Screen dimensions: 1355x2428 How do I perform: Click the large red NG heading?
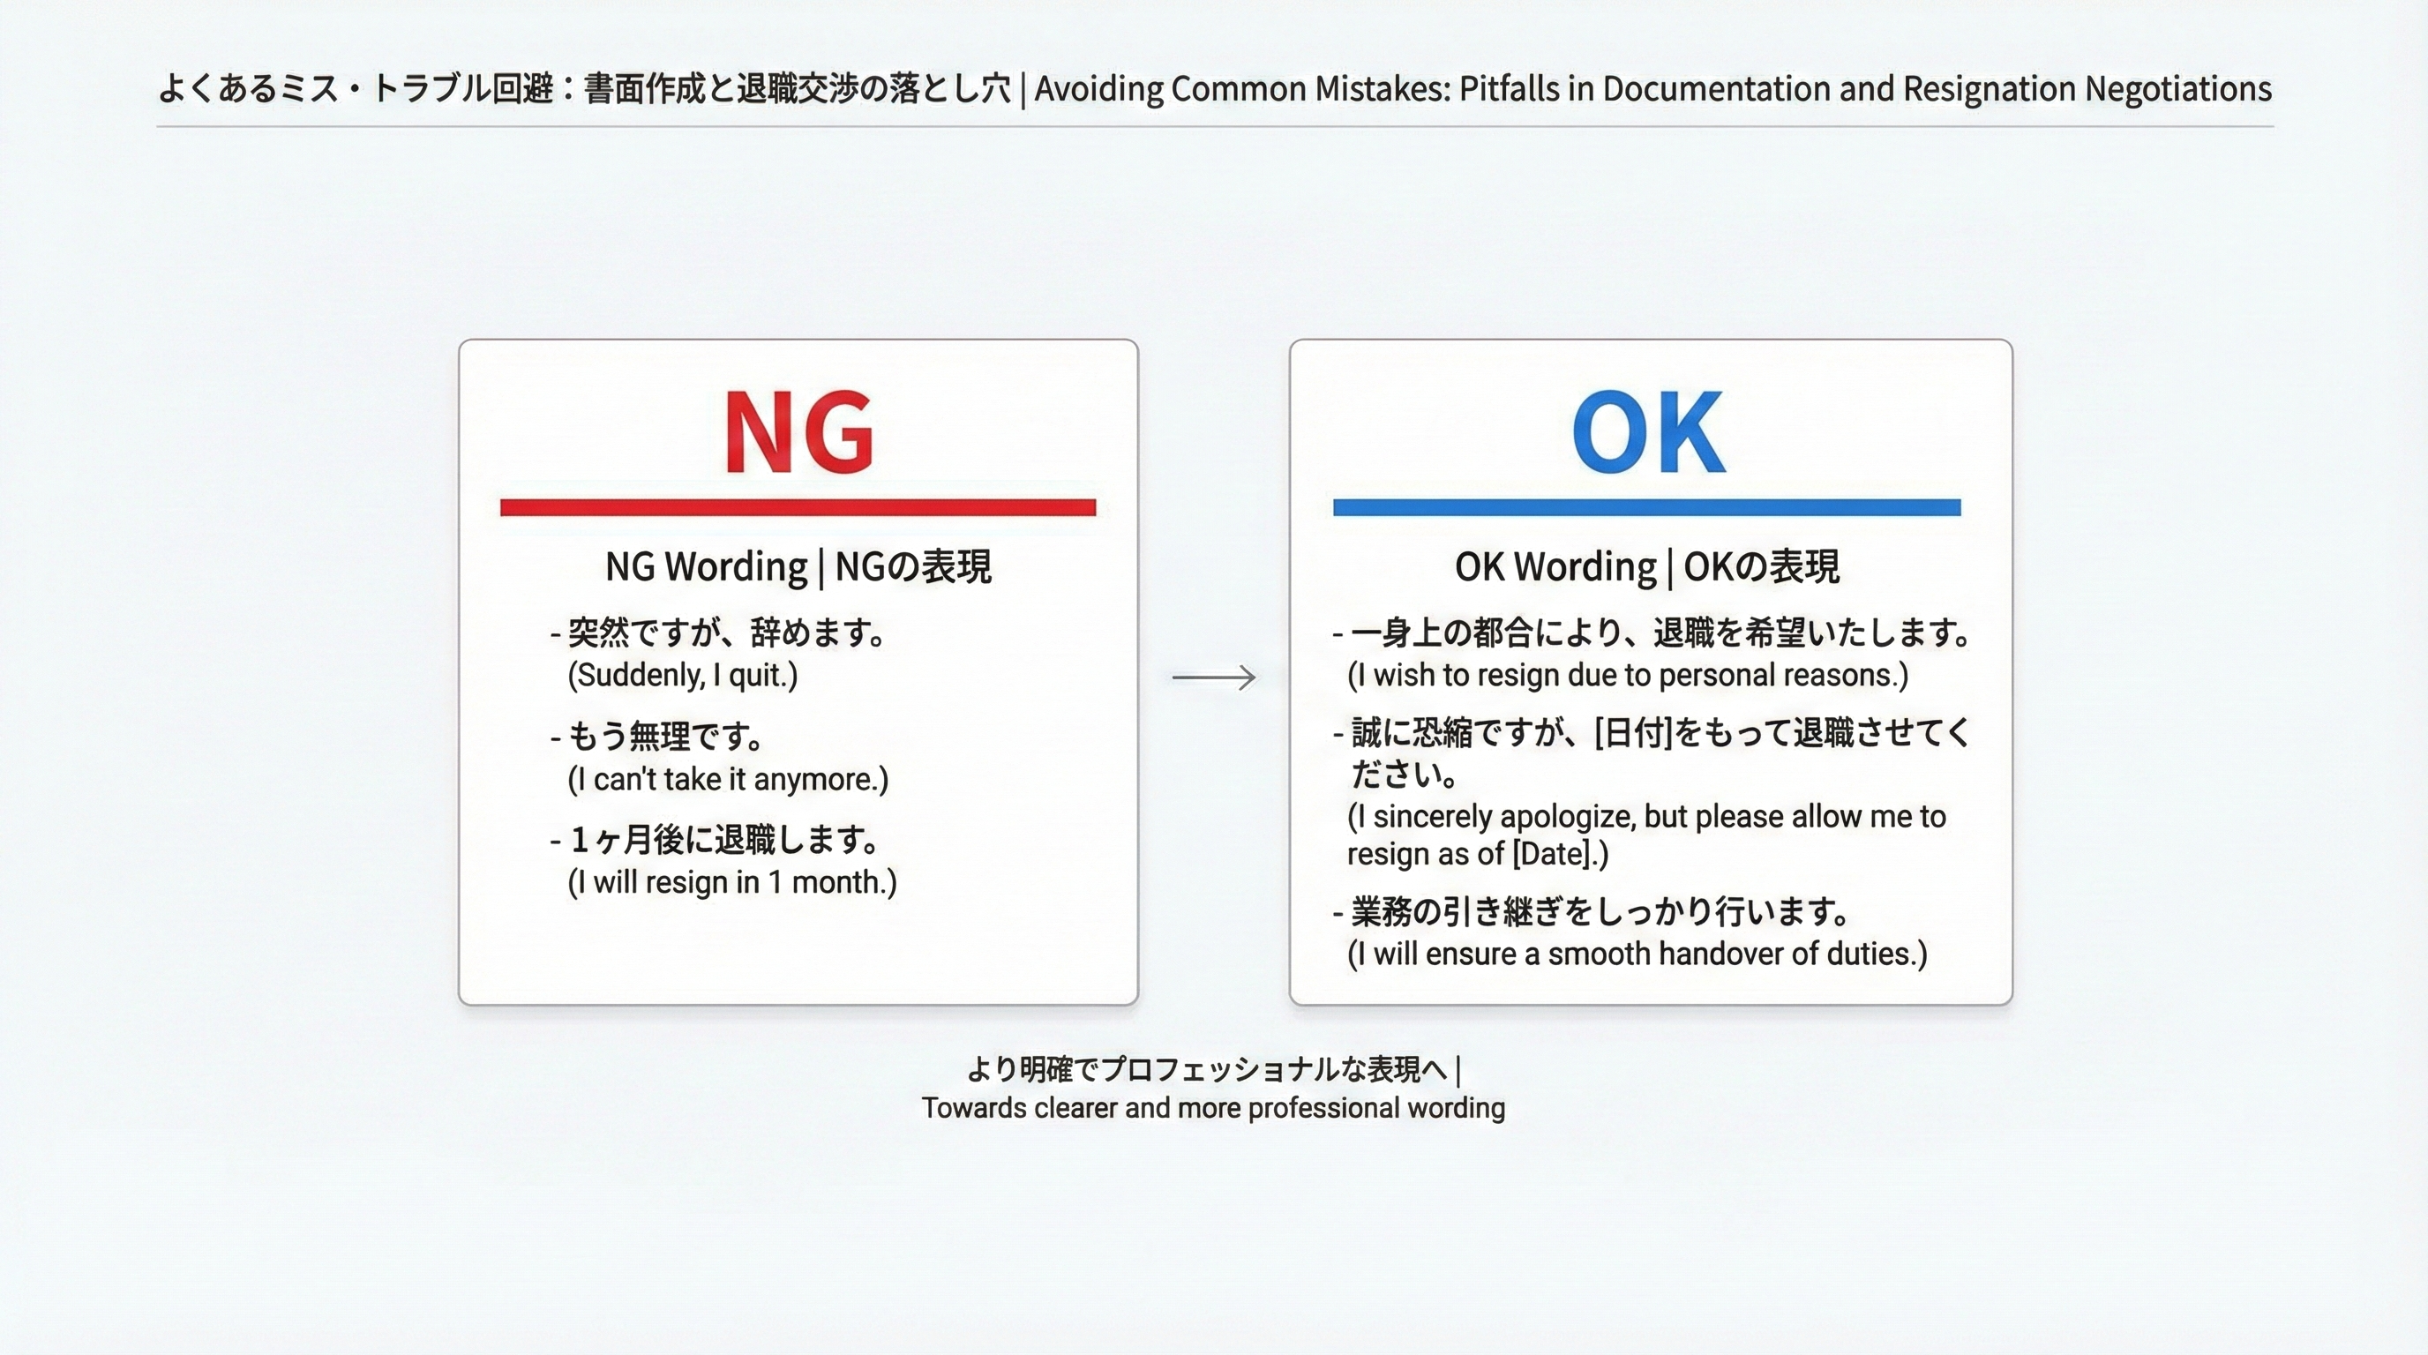[x=798, y=431]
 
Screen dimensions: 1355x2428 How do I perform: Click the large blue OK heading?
[x=1647, y=431]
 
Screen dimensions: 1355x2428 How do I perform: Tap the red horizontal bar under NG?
[x=798, y=508]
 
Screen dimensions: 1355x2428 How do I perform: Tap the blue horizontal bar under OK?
[x=1646, y=508]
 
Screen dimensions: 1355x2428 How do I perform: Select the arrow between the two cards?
[x=1213, y=677]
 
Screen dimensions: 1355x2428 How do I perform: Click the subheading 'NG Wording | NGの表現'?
[x=798, y=566]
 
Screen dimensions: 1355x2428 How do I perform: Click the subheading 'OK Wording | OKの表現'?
[x=1646, y=566]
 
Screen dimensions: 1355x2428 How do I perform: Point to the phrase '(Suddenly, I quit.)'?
[x=682, y=675]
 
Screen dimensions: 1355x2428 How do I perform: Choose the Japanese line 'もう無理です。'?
[x=667, y=736]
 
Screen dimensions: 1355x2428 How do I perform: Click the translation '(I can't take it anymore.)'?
[x=728, y=779]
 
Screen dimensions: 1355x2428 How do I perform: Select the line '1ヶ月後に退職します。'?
[x=726, y=839]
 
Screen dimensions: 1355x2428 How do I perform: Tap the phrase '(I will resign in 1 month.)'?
[x=732, y=882]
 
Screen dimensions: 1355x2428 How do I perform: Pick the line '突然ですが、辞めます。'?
[x=728, y=633]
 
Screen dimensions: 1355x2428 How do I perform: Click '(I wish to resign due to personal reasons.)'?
[x=1628, y=675]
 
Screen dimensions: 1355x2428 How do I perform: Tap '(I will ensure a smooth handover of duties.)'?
[x=1637, y=954]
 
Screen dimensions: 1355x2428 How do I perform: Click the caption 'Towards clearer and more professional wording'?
[x=1213, y=1107]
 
